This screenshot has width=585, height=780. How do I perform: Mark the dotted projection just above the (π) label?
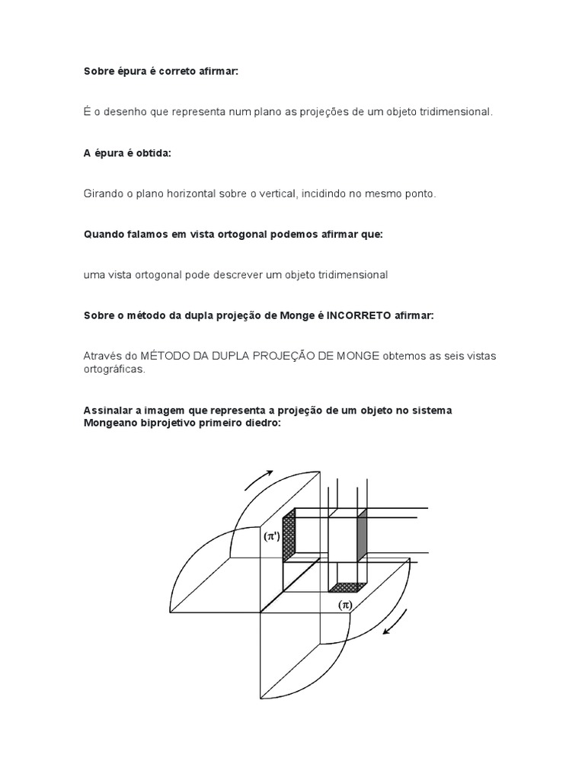click(x=347, y=587)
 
